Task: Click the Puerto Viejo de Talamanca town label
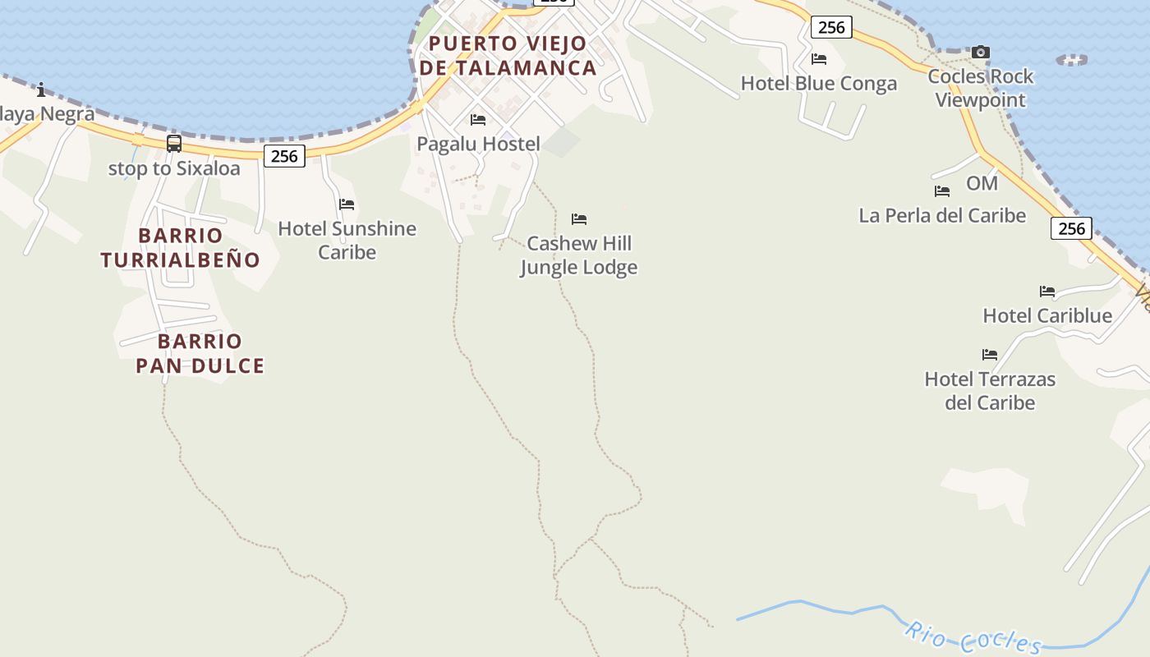[508, 56]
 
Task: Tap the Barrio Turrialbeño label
[181, 248]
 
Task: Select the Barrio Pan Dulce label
[200, 354]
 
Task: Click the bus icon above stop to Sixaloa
[174, 144]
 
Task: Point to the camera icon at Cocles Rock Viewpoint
[980, 53]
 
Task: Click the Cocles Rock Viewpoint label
[981, 89]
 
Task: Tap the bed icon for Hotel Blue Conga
[819, 59]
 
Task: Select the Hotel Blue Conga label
[819, 84]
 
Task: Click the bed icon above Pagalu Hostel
[478, 120]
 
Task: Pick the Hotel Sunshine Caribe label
[347, 240]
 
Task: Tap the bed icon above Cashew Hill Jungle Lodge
[579, 219]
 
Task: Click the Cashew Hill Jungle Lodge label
[579, 255]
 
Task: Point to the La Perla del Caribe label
[942, 216]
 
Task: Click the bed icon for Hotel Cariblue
[1047, 292]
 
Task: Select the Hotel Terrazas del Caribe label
[990, 391]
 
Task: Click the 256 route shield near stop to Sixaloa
[284, 156]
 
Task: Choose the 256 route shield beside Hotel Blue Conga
[831, 27]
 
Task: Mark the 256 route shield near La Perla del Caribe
[1071, 228]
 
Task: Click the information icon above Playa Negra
[41, 90]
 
